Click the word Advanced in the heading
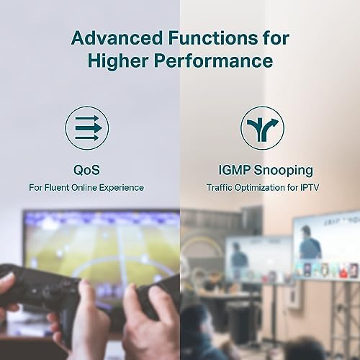[x=117, y=38]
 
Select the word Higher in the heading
[x=118, y=60]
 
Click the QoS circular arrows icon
[x=87, y=128]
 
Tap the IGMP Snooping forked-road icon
[x=262, y=128]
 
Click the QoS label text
[x=86, y=170]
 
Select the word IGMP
[x=234, y=170]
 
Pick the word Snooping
[x=284, y=171]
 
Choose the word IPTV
[x=310, y=187]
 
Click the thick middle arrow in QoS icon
[x=89, y=128]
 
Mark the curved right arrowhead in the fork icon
[x=274, y=122]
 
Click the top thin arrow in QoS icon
[x=87, y=119]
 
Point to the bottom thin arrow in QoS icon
[x=87, y=138]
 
